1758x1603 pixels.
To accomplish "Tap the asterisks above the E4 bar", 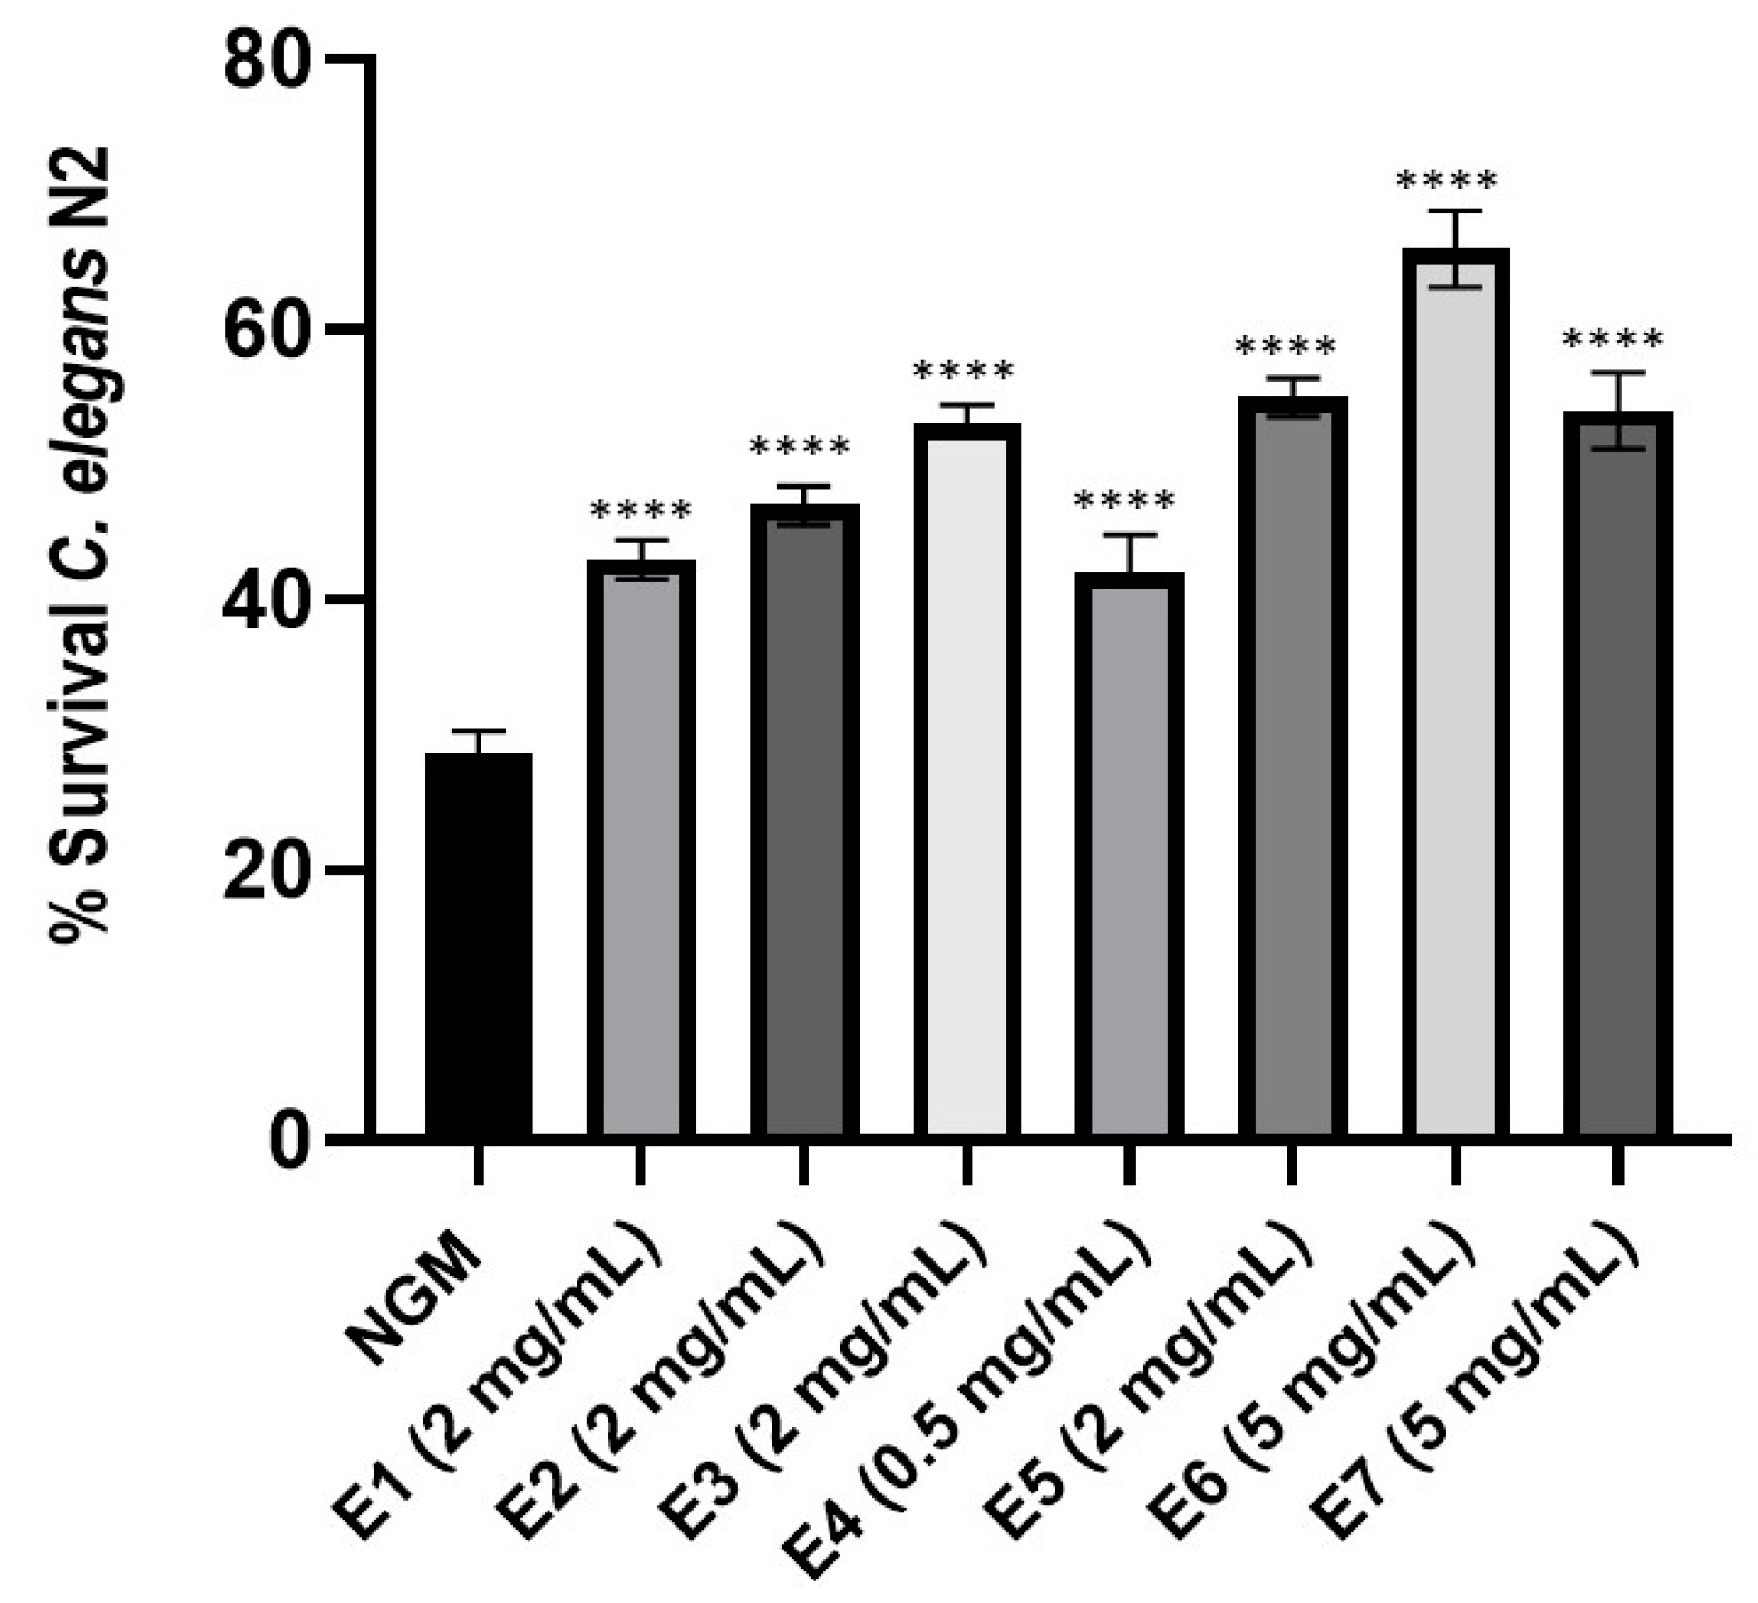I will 1124,501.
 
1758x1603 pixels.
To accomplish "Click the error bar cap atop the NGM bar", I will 478,731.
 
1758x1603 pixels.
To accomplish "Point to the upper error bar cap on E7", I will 1617,373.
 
